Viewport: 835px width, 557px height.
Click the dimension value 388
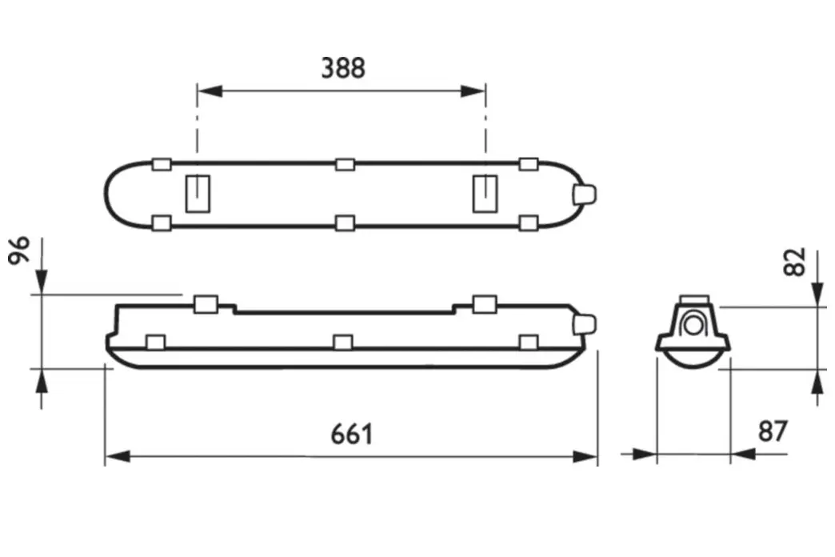343,68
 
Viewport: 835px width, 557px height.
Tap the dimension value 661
352,435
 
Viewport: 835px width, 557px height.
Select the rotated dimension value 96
20,250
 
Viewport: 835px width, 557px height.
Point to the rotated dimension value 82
795,262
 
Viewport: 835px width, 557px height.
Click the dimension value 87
773,431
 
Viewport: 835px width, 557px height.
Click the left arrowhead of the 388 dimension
210,91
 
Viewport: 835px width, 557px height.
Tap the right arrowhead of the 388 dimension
473,91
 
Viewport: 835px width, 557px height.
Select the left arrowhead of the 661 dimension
118,456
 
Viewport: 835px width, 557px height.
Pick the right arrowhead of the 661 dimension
585,456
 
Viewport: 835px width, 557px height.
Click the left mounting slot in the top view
198,194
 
